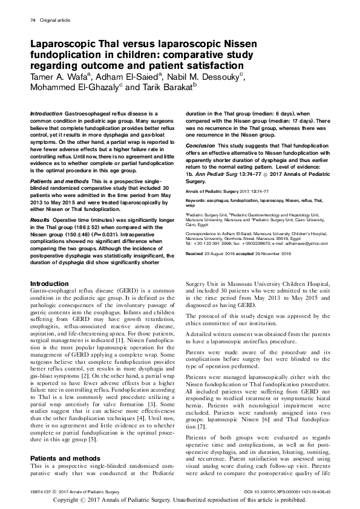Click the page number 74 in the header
tap(33, 22)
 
